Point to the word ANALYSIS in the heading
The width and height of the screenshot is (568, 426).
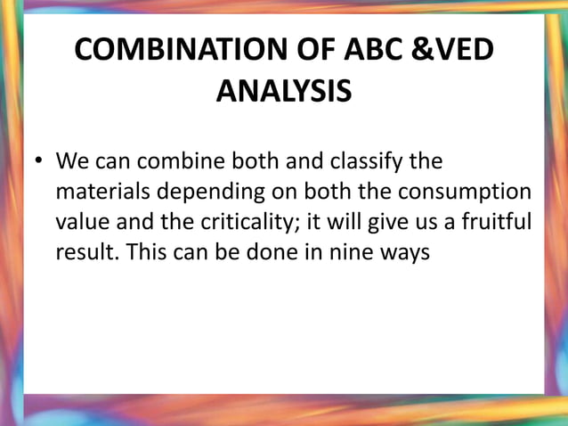point(284,92)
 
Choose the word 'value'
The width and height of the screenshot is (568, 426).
point(80,222)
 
